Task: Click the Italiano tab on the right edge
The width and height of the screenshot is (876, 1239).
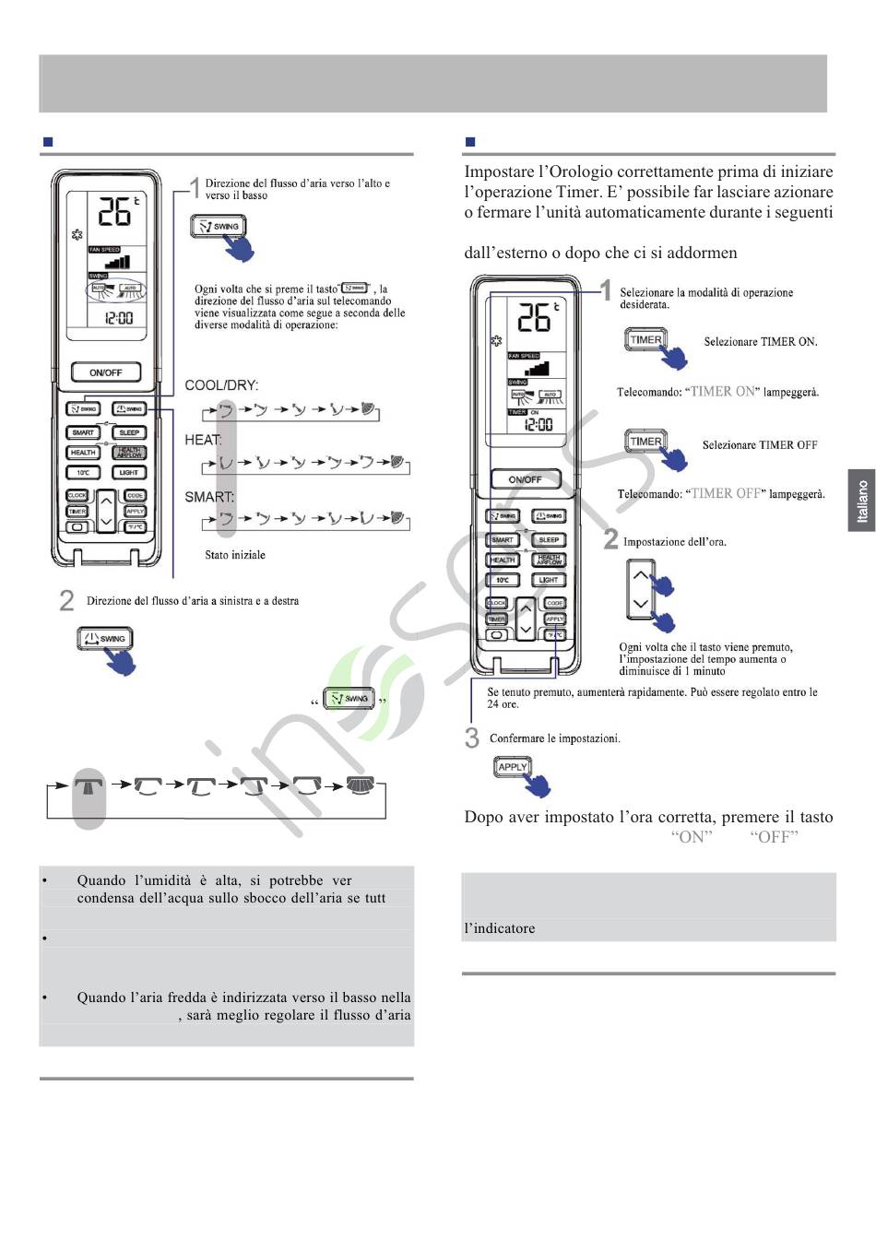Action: point(861,501)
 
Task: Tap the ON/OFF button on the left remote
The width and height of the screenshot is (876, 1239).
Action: point(106,372)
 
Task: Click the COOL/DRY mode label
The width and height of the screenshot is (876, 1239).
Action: point(221,385)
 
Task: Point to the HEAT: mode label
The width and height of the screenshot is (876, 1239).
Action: point(203,440)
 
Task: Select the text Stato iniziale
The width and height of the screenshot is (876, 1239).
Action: point(235,555)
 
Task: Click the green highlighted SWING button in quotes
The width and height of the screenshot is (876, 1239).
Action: point(349,699)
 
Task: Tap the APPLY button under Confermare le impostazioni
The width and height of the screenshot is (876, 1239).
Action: point(513,767)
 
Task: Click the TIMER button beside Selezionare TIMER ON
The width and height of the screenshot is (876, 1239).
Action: point(645,339)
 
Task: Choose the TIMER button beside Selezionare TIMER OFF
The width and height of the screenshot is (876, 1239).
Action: point(645,442)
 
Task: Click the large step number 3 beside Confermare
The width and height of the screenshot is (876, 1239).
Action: point(472,738)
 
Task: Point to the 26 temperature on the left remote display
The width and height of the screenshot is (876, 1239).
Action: point(116,212)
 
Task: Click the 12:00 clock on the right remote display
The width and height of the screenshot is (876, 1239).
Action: point(539,425)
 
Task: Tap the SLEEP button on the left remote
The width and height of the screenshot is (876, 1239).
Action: point(129,432)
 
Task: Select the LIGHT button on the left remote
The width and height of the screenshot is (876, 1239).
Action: point(129,473)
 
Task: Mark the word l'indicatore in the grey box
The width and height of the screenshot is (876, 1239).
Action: point(500,928)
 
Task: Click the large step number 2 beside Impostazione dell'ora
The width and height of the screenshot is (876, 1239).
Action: point(610,539)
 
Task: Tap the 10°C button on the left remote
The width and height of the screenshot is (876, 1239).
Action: point(83,473)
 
